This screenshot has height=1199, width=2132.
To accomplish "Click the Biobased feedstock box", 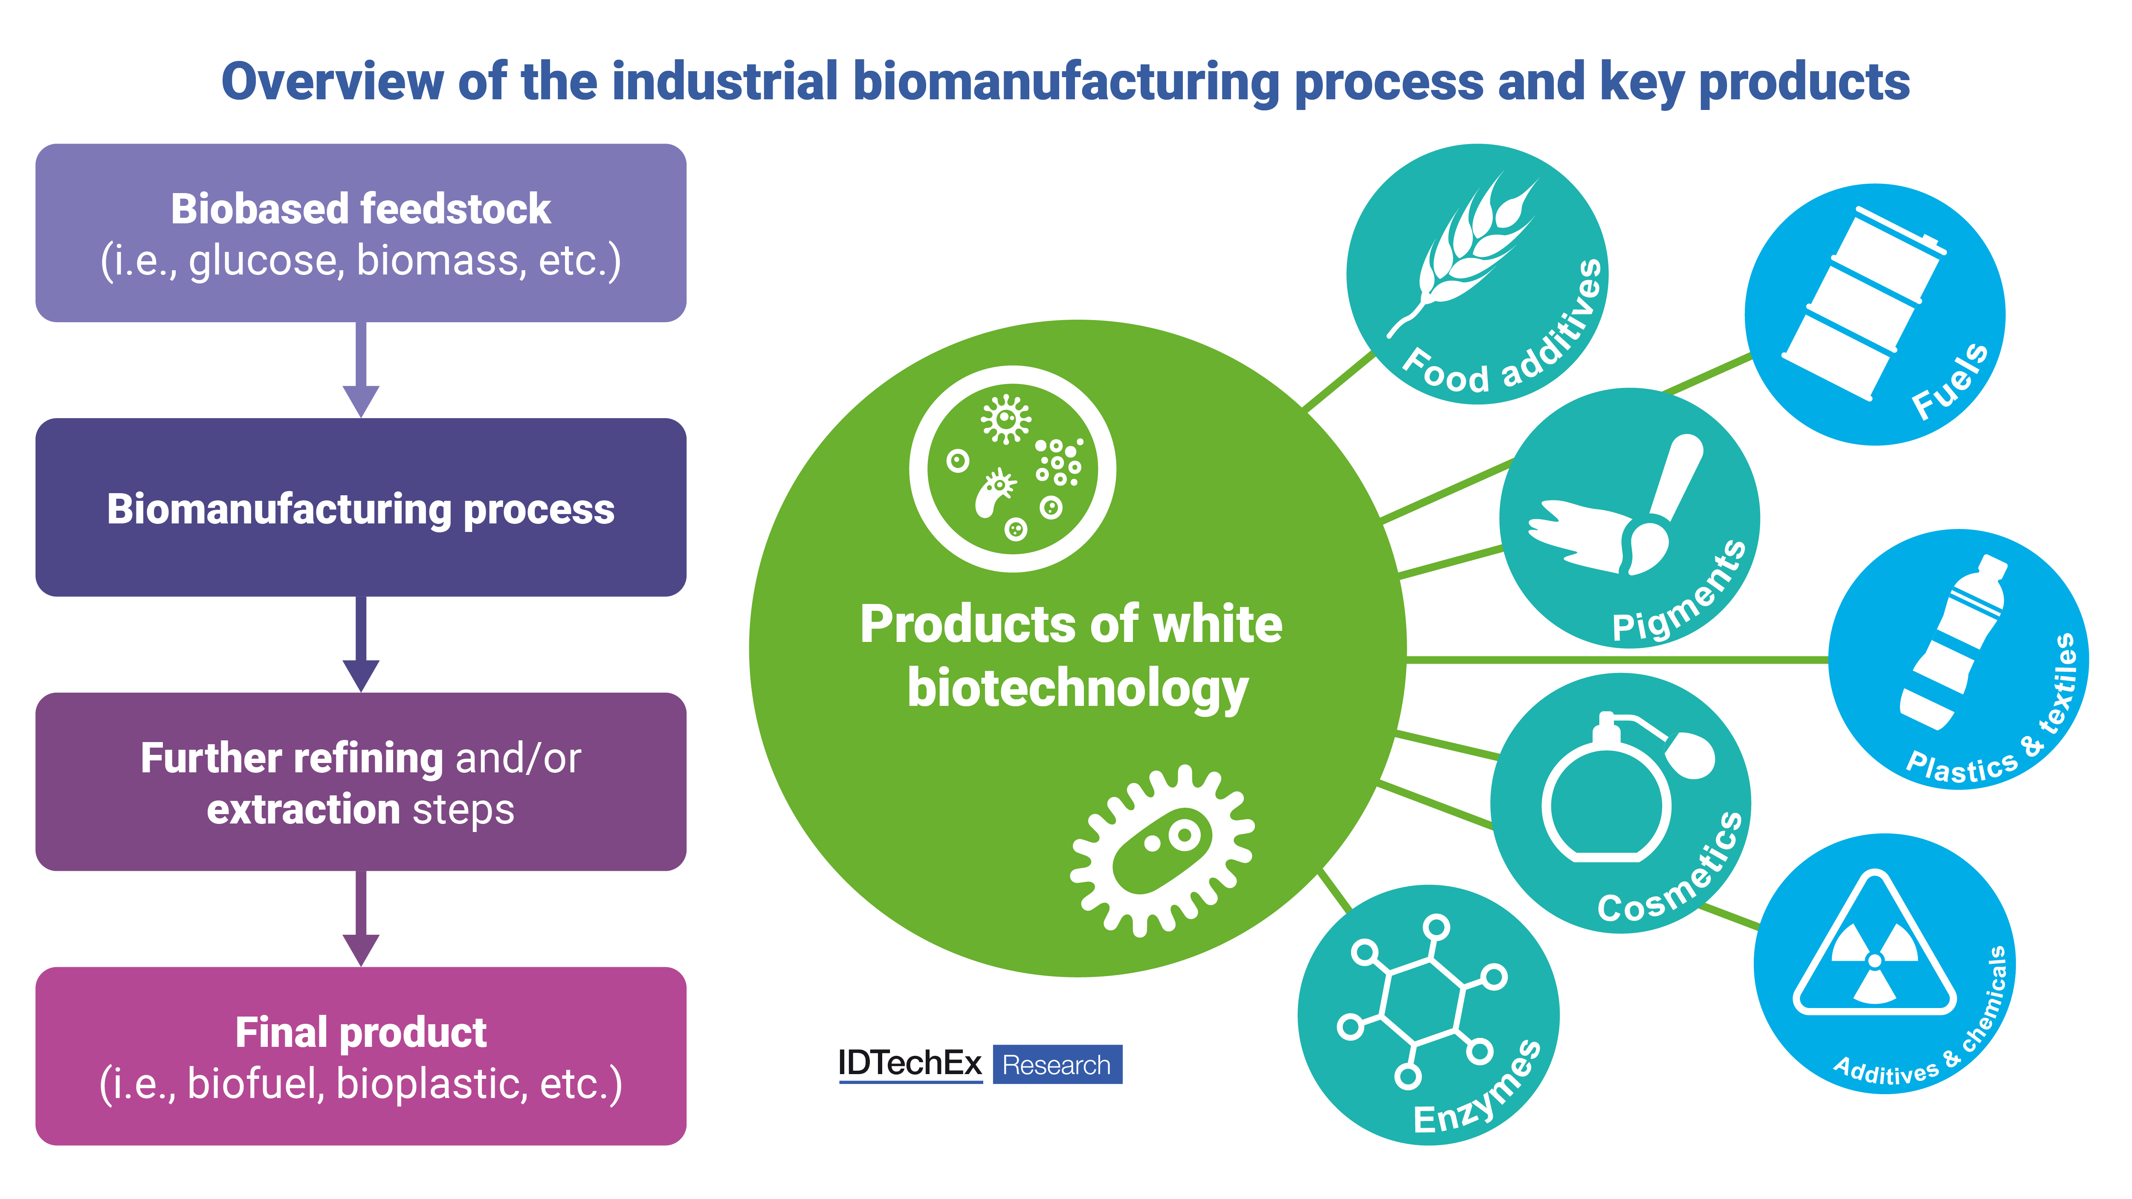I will coord(361,233).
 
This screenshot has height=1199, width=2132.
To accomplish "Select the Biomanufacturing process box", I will coord(361,507).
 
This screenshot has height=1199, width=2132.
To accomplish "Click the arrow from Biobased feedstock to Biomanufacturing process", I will coord(361,370).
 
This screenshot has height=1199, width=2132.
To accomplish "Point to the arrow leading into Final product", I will coord(361,919).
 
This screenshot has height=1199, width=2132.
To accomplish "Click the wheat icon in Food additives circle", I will coord(1463,248).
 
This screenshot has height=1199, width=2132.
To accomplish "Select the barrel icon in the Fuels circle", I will coord(1862,302).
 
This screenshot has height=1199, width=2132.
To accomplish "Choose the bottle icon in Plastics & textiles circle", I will coord(1953,641).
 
